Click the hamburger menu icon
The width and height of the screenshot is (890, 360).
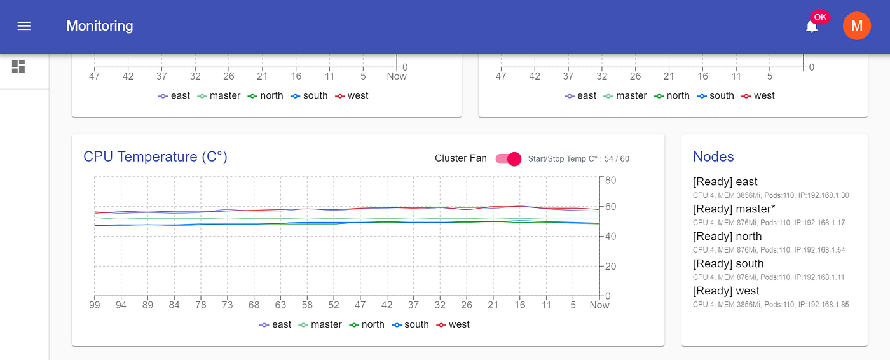pyautogui.click(x=24, y=26)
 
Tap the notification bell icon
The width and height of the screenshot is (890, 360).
pyautogui.click(x=811, y=27)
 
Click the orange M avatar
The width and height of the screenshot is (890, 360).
pyautogui.click(x=857, y=26)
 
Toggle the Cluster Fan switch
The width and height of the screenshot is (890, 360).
pyautogui.click(x=508, y=158)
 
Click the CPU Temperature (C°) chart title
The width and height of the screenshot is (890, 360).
pyautogui.click(x=155, y=156)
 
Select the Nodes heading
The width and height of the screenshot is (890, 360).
pyautogui.click(x=713, y=156)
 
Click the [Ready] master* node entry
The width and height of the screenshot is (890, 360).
pyautogui.click(x=734, y=209)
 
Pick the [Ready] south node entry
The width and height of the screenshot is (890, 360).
pyautogui.click(x=729, y=263)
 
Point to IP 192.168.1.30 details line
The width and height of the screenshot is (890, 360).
pyautogui.click(x=770, y=195)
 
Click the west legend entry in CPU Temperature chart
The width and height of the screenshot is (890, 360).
pyautogui.click(x=453, y=324)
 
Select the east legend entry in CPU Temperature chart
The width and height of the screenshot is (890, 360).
pyautogui.click(x=275, y=324)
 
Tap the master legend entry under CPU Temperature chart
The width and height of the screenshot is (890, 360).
pyautogui.click(x=320, y=324)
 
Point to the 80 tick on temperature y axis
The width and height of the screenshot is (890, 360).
pyautogui.click(x=610, y=181)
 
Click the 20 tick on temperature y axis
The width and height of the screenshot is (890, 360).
pyautogui.click(x=610, y=267)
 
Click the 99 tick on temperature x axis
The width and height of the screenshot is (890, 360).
pyautogui.click(x=95, y=305)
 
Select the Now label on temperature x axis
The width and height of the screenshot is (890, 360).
pyautogui.click(x=599, y=305)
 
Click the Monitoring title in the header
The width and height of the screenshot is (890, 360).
pyautogui.click(x=100, y=26)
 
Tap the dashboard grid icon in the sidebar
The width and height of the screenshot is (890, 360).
pyautogui.click(x=18, y=66)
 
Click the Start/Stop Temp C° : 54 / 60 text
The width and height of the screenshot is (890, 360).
pyautogui.click(x=578, y=158)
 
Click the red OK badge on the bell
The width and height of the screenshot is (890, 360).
pyautogui.click(x=820, y=17)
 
